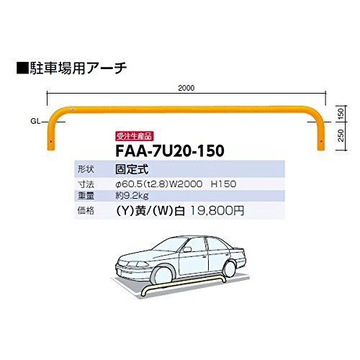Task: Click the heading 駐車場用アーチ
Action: click(78, 68)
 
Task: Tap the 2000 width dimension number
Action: click(186, 88)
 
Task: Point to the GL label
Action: click(35, 122)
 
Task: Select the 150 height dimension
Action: click(341, 114)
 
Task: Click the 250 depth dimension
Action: click(341, 135)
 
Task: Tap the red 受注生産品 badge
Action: click(134, 136)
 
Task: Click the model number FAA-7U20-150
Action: click(170, 150)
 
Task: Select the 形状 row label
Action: click(86, 169)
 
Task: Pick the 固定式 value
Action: click(132, 169)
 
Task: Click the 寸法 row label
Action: click(86, 184)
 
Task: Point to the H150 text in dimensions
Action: click(223, 184)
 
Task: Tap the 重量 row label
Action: click(86, 196)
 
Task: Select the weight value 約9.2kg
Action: click(132, 196)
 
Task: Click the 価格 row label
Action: click(86, 211)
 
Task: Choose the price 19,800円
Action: click(217, 211)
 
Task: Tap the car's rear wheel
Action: click(229, 269)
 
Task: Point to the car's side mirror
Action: click(187, 250)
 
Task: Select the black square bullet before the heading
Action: click(22, 68)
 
